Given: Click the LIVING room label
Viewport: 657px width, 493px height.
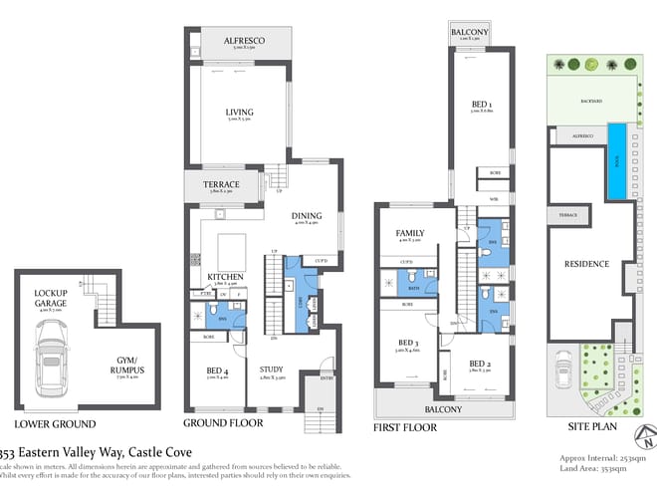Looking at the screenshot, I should [238, 113].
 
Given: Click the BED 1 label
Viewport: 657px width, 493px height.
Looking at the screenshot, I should [484, 104].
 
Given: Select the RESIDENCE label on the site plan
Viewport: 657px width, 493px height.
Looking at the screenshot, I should [586, 264].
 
